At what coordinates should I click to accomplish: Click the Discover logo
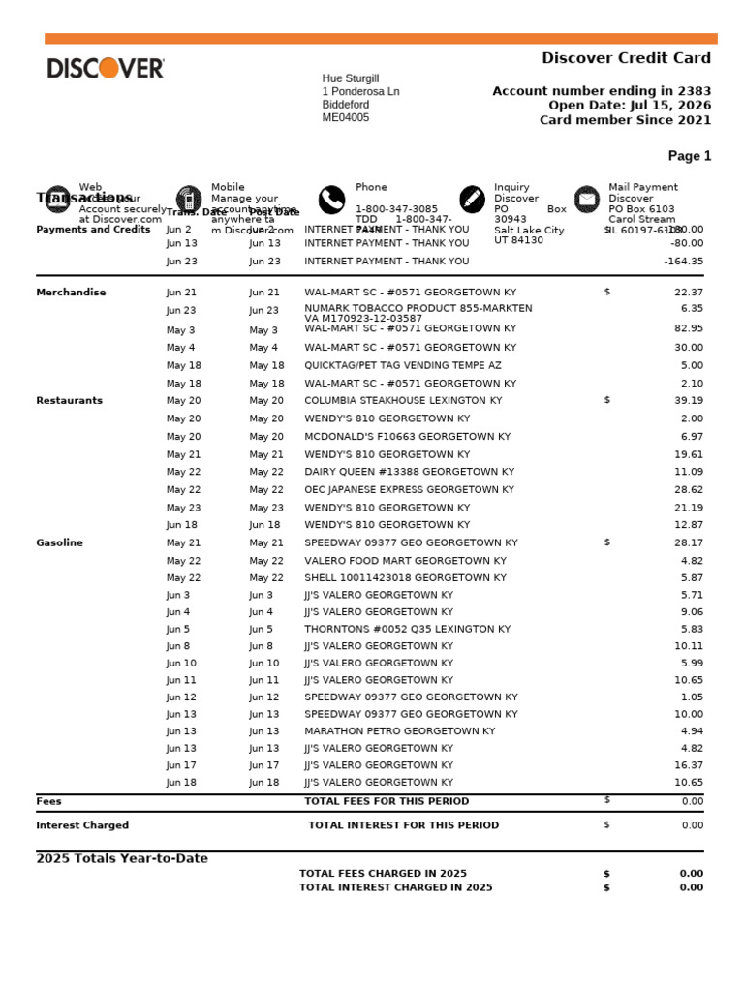pyautogui.click(x=106, y=68)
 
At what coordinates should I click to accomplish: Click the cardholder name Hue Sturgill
pyautogui.click(x=350, y=78)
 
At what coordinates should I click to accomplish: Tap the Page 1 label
pyautogui.click(x=689, y=156)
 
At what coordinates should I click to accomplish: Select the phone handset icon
pyautogui.click(x=331, y=200)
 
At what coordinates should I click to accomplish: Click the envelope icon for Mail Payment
pyautogui.click(x=587, y=200)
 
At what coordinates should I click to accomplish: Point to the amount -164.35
pyautogui.click(x=683, y=262)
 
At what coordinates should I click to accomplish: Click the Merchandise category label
pyautogui.click(x=71, y=293)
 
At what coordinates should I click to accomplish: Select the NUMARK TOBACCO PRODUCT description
pyautogui.click(x=418, y=309)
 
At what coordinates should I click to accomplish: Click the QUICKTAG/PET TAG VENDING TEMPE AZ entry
pyautogui.click(x=403, y=366)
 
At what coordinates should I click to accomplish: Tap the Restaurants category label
pyautogui.click(x=69, y=401)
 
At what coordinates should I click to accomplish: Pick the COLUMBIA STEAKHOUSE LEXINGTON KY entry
pyautogui.click(x=403, y=401)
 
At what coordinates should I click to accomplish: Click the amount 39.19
pyautogui.click(x=689, y=401)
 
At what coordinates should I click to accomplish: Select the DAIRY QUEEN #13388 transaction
pyautogui.click(x=409, y=472)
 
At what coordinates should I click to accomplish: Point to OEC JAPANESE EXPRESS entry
pyautogui.click(x=410, y=490)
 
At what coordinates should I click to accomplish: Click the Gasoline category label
pyautogui.click(x=59, y=543)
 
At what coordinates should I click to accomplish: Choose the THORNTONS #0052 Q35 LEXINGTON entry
pyautogui.click(x=407, y=629)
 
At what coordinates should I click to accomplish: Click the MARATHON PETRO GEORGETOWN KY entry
pyautogui.click(x=399, y=731)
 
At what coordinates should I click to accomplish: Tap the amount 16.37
pyautogui.click(x=689, y=765)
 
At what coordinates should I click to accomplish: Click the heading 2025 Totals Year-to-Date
pyautogui.click(x=122, y=859)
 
